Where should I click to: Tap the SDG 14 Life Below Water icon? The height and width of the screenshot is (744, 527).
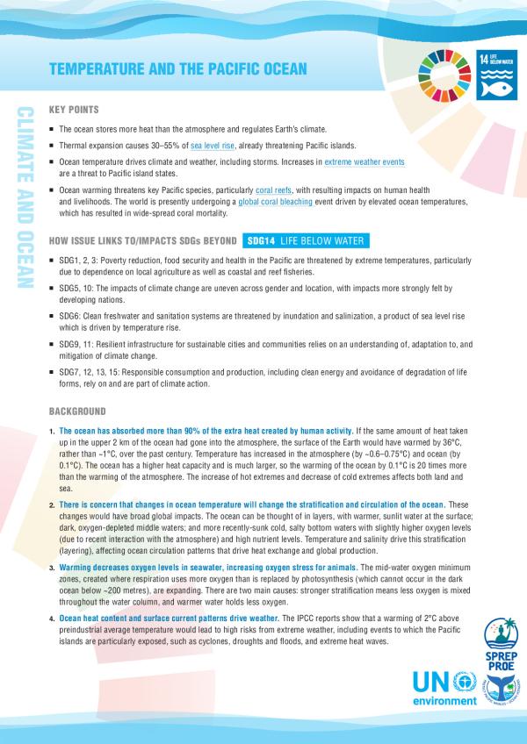(x=497, y=71)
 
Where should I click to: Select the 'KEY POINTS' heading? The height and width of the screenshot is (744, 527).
(x=75, y=111)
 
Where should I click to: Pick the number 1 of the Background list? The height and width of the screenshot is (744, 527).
(x=52, y=432)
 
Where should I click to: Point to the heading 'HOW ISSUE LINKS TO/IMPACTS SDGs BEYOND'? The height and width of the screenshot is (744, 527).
(x=141, y=240)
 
